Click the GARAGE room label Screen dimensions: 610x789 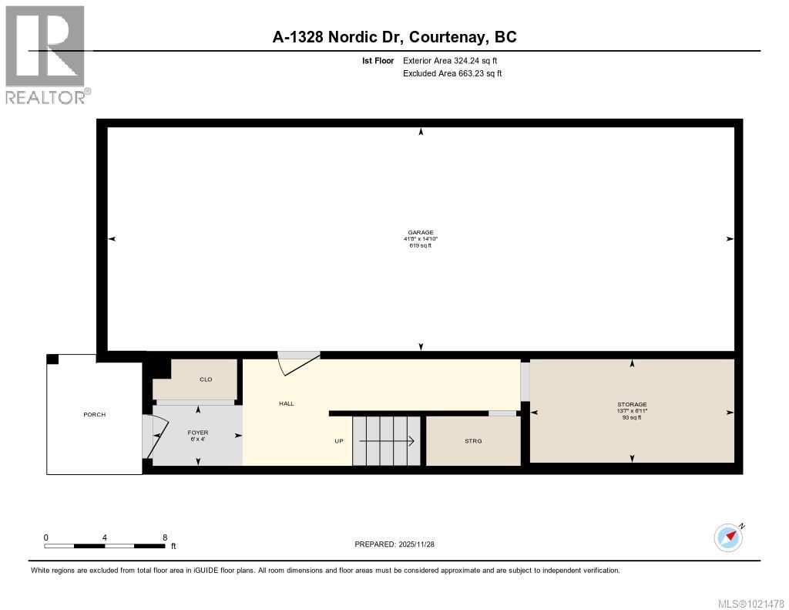pyautogui.click(x=421, y=232)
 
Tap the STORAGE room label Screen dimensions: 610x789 pyautogui.click(x=632, y=404)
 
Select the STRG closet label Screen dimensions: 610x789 pyautogui.click(x=473, y=441)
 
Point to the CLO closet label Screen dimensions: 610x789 pyautogui.click(x=206, y=379)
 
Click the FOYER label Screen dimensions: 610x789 pyautogui.click(x=199, y=433)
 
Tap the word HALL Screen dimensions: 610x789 pyautogui.click(x=287, y=403)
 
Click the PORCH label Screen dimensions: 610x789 pyautogui.click(x=94, y=415)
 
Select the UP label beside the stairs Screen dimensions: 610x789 pyautogui.click(x=338, y=441)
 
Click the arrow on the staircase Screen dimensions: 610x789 pyautogui.click(x=387, y=441)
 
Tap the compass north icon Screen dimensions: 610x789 pyautogui.click(x=728, y=537)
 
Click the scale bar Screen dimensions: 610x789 pyautogui.click(x=104, y=546)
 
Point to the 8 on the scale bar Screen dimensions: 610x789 pyautogui.click(x=165, y=538)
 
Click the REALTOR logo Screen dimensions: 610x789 pyautogui.click(x=46, y=54)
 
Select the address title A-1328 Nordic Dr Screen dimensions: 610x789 pyautogui.click(x=394, y=36)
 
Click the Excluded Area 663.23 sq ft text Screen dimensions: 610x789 pyautogui.click(x=452, y=74)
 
